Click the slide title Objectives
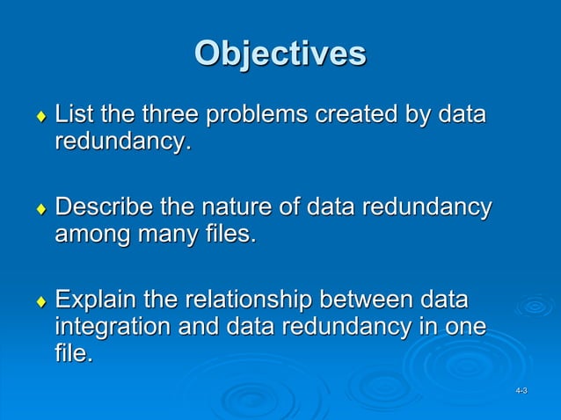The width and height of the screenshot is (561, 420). coord(280,54)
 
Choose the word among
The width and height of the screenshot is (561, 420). coord(90,235)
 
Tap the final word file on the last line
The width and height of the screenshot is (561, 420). coord(72,355)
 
